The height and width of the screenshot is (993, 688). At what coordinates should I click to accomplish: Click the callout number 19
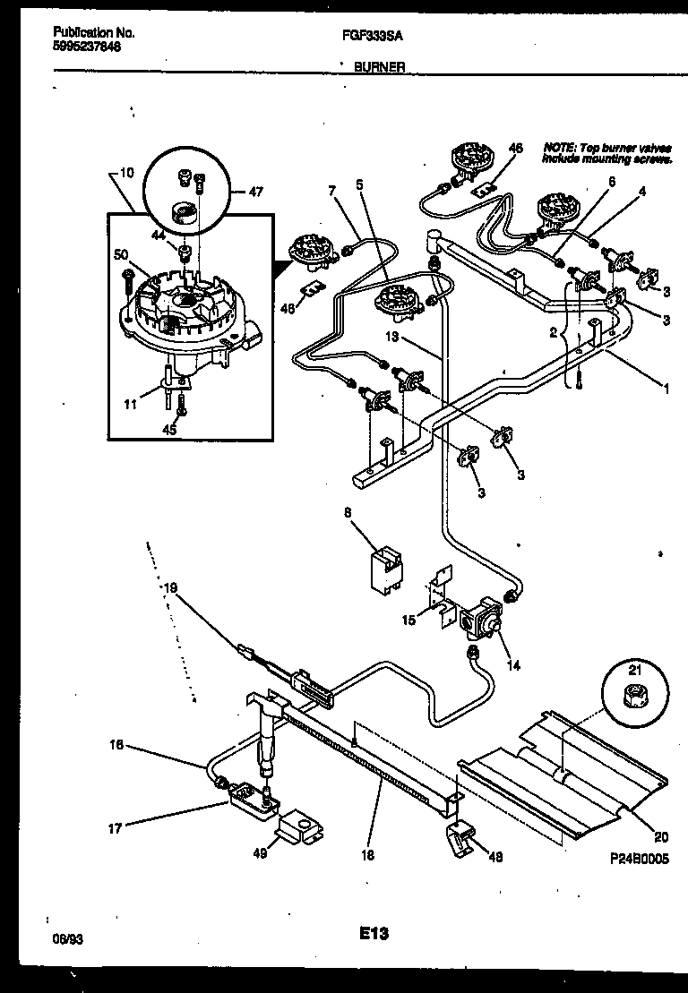pyautogui.click(x=170, y=587)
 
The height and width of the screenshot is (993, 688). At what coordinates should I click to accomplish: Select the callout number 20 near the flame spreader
pyautogui.click(x=660, y=838)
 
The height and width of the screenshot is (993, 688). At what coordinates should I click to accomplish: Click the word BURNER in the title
pyautogui.click(x=380, y=66)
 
